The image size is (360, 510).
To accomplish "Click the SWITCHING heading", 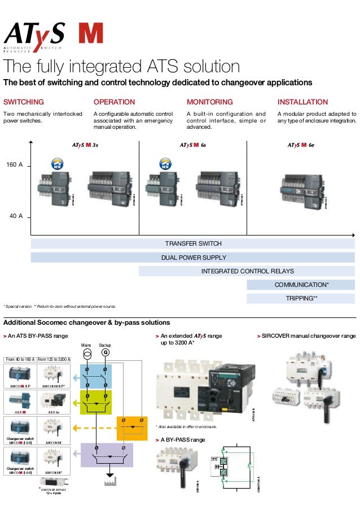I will click(x=24, y=102).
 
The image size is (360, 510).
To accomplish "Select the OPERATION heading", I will click(x=114, y=102).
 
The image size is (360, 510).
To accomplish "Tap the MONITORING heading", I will click(x=209, y=102).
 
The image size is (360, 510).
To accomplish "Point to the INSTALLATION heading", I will click(x=302, y=102).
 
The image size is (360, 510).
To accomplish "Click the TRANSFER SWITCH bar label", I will click(x=193, y=243).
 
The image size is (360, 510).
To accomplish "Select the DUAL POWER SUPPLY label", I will click(x=194, y=258).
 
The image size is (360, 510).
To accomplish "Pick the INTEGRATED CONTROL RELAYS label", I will click(x=247, y=271).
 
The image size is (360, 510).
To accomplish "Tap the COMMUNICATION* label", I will click(x=301, y=285).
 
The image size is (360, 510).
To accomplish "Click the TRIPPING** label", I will click(x=301, y=298).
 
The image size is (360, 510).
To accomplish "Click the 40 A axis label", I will click(x=16, y=216).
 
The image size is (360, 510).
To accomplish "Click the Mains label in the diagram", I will click(x=86, y=344).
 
